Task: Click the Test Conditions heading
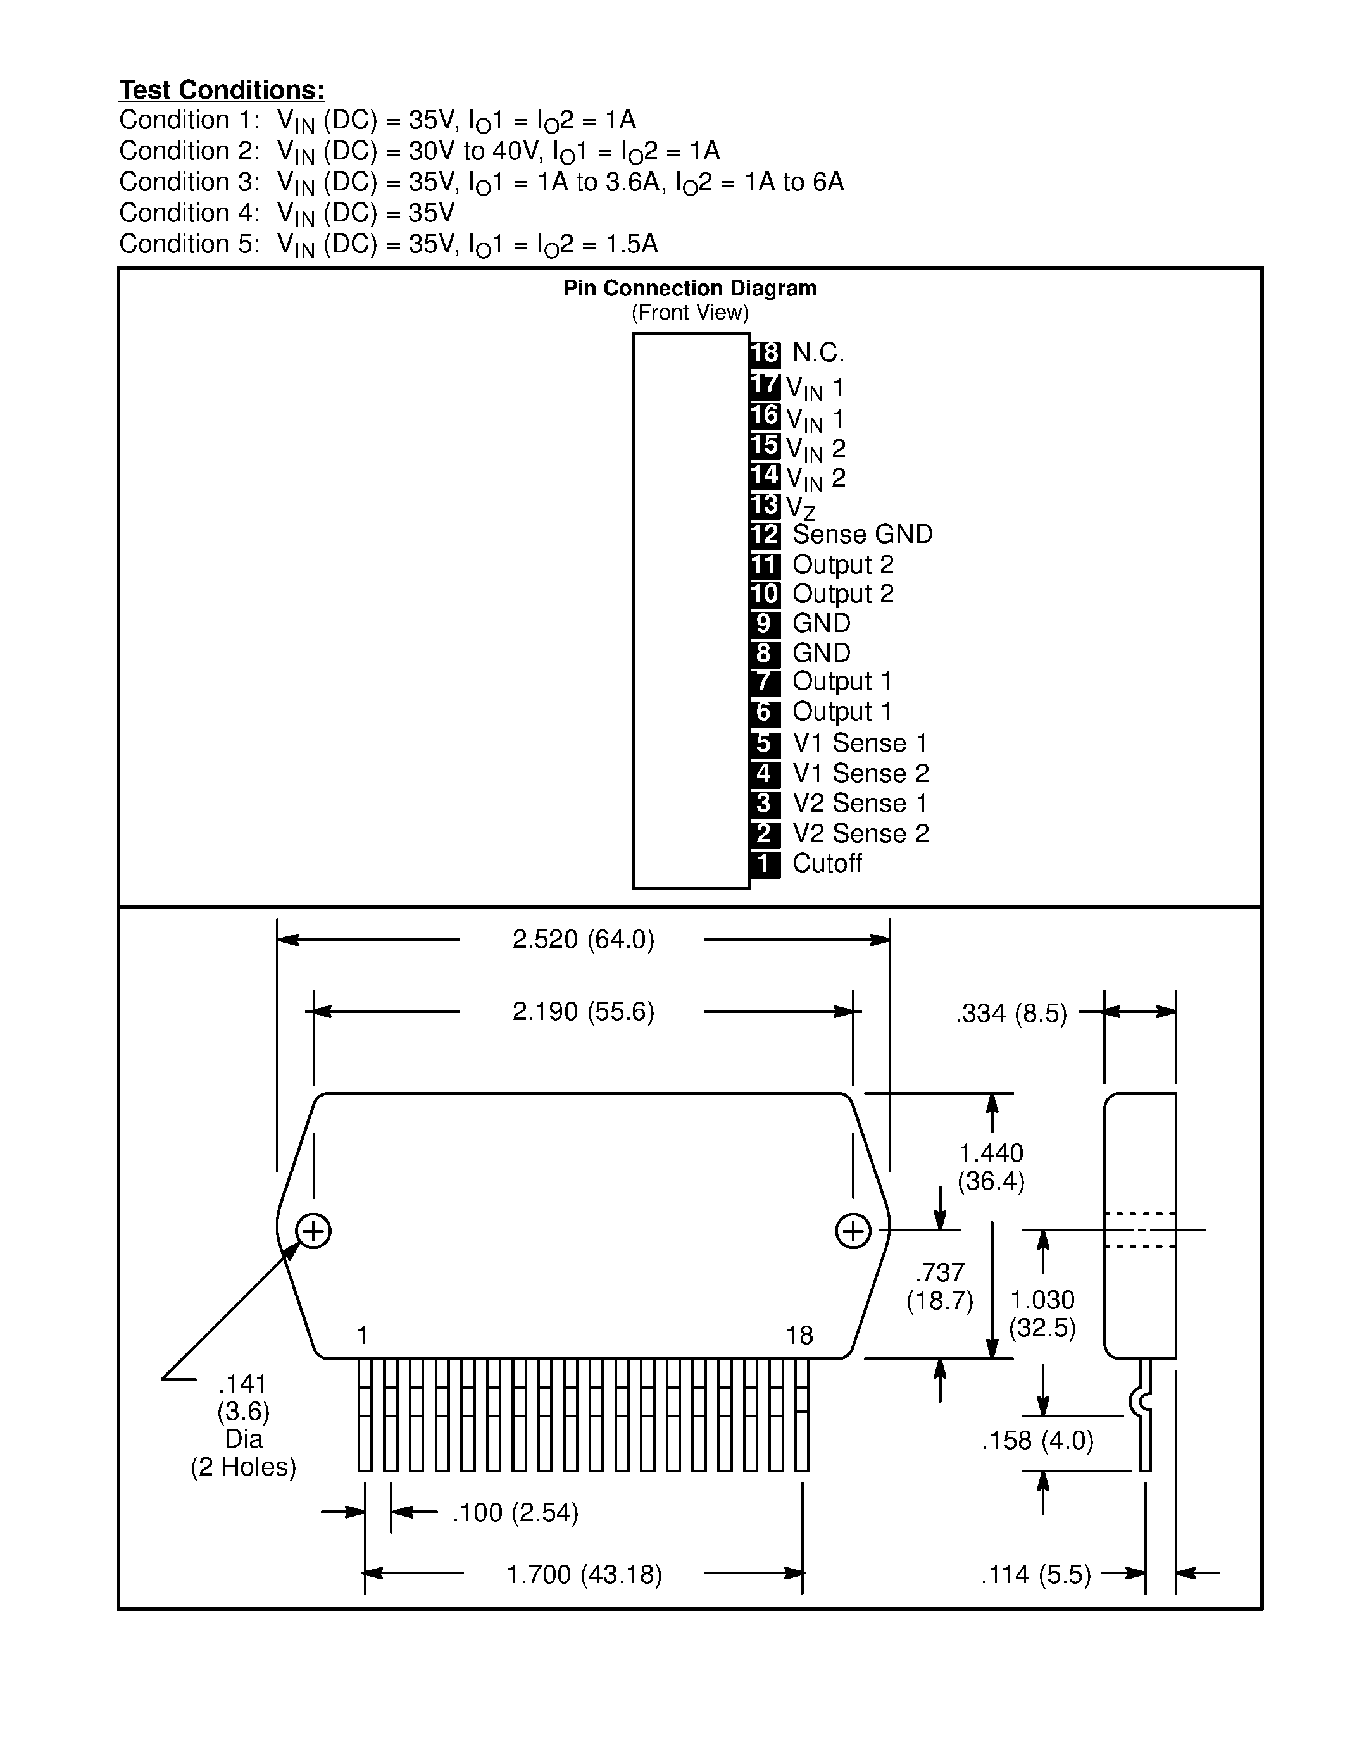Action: click(222, 90)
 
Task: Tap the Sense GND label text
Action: click(862, 534)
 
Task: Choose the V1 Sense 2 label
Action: click(861, 773)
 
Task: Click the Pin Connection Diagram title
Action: click(690, 289)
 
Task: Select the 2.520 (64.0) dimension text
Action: click(584, 940)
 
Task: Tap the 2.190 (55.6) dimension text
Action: click(584, 1012)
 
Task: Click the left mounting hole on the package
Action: click(313, 1231)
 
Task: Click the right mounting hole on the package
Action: click(853, 1231)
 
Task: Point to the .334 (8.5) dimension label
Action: click(1011, 1014)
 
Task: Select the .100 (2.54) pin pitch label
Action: click(515, 1512)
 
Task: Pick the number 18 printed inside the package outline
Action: click(799, 1335)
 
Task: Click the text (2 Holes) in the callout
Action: click(243, 1467)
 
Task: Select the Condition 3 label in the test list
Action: click(189, 182)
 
